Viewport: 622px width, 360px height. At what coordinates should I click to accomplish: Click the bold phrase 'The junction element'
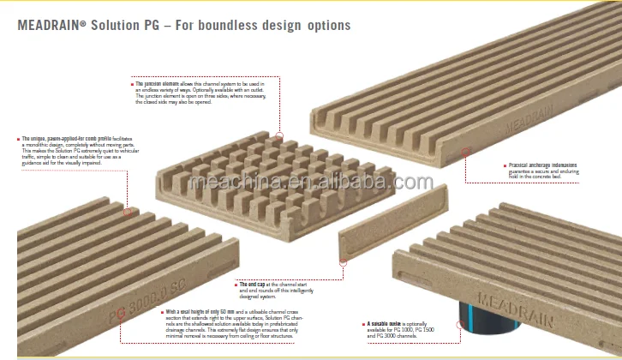tap(162, 84)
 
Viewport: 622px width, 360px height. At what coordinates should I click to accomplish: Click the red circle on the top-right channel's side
tap(467, 152)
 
